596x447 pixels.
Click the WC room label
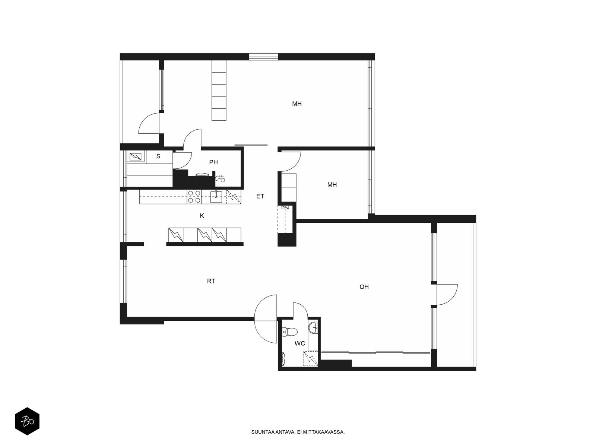pyautogui.click(x=299, y=343)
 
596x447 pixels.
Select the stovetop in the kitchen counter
pyautogui.click(x=194, y=197)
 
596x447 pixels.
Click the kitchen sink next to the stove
pyautogui.click(x=216, y=197)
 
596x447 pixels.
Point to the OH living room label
pyautogui.click(x=364, y=287)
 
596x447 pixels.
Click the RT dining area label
pyautogui.click(x=211, y=281)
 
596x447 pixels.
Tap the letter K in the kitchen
pyautogui.click(x=202, y=216)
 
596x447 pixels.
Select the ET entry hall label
pyautogui.click(x=260, y=196)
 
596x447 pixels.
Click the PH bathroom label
pyautogui.click(x=213, y=162)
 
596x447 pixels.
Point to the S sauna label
pyautogui.click(x=158, y=156)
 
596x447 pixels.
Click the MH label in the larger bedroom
pyautogui.click(x=297, y=104)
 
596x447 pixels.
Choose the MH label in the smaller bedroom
pyautogui.click(x=332, y=185)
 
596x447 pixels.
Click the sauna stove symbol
pyautogui.click(x=136, y=156)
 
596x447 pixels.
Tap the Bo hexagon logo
pyautogui.click(x=27, y=421)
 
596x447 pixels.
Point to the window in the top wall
pyautogui.click(x=264, y=57)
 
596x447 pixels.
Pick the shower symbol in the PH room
pyautogui.click(x=220, y=178)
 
